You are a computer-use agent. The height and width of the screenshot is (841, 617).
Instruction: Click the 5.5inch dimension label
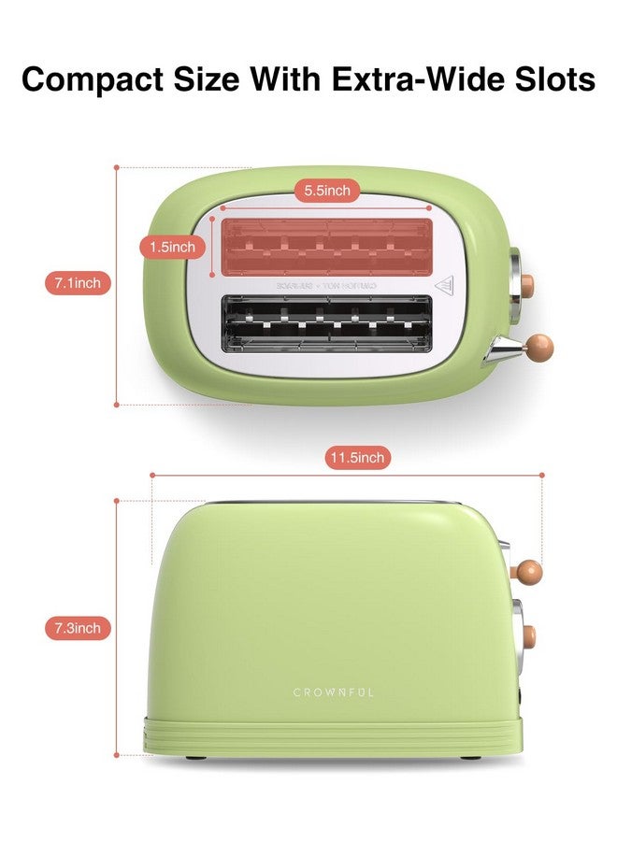327,191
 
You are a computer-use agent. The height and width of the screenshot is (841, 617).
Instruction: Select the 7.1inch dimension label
78,282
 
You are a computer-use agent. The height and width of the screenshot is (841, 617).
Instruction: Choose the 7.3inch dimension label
78,628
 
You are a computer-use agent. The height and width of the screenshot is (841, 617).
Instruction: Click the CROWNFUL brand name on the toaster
334,692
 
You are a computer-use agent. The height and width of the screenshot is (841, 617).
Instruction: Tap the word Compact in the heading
94,79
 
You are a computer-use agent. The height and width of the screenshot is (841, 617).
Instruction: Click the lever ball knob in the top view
539,348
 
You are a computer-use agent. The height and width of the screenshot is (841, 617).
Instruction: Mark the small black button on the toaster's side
519,696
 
